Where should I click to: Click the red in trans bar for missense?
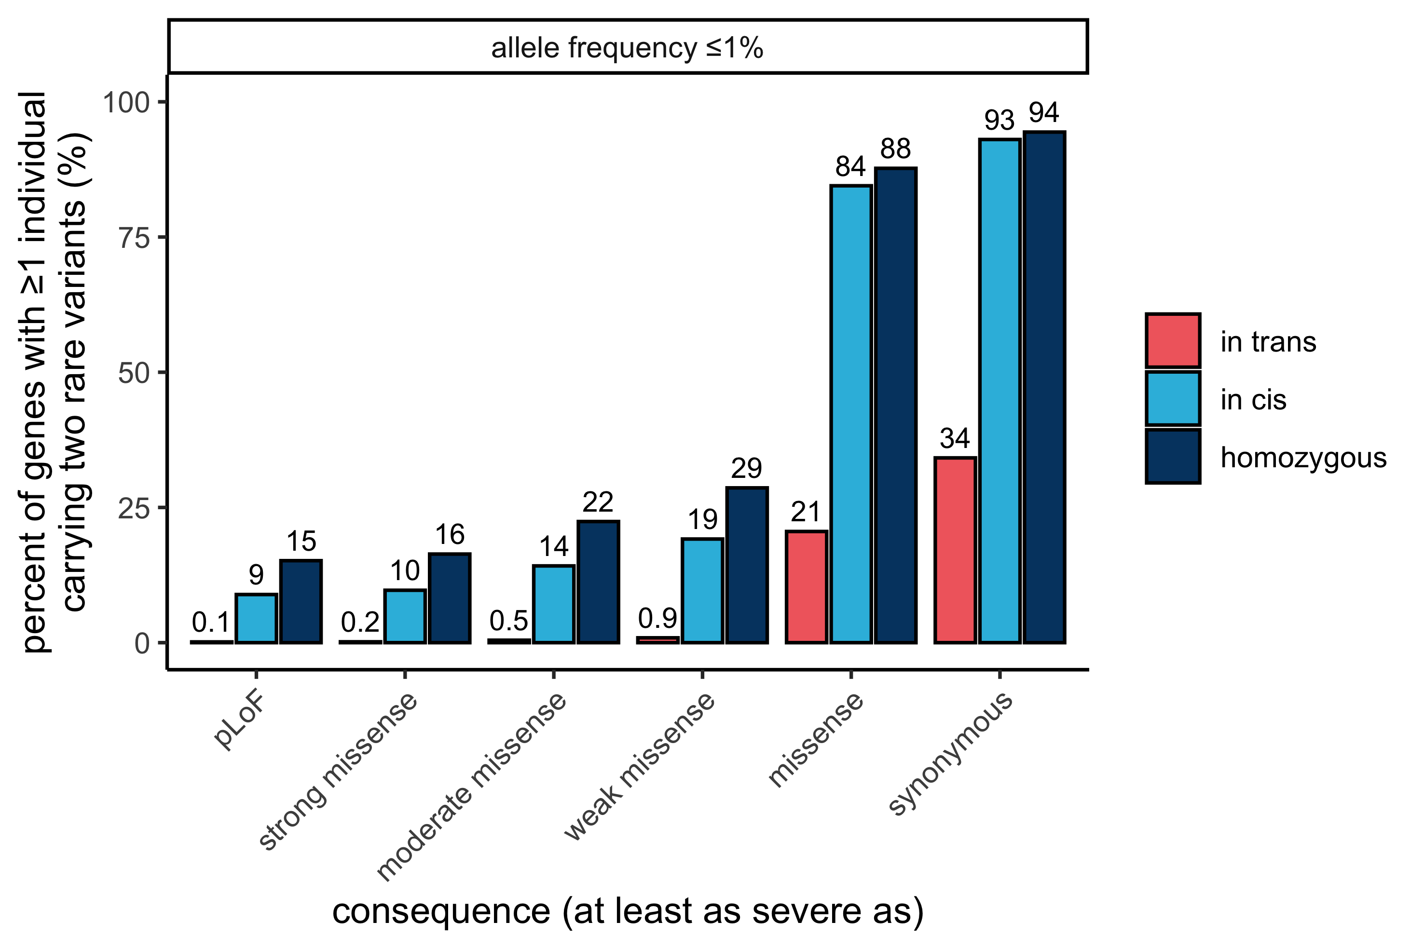click(807, 586)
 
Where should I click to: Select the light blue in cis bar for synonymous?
click(1000, 391)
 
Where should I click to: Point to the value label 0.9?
click(657, 618)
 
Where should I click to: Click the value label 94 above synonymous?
click(1044, 112)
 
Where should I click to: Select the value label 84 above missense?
click(850, 166)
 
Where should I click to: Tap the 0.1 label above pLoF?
click(211, 622)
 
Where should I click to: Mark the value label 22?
click(598, 502)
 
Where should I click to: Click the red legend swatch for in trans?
click(1173, 341)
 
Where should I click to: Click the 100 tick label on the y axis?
click(126, 102)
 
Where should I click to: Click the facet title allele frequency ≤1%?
click(627, 48)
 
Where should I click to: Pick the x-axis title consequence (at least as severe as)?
click(628, 911)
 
